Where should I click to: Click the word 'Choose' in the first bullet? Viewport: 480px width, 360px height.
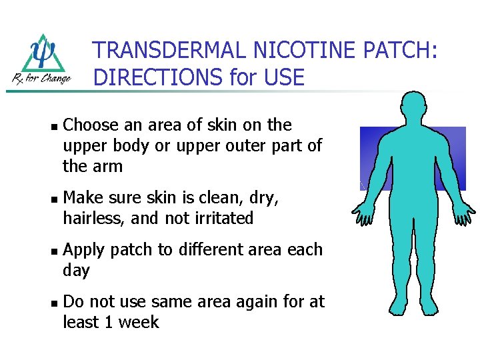click(x=91, y=125)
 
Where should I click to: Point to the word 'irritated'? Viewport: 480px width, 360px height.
click(x=221, y=218)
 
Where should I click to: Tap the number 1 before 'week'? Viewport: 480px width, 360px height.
click(x=109, y=323)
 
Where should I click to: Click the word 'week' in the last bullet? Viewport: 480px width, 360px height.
click(x=139, y=323)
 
